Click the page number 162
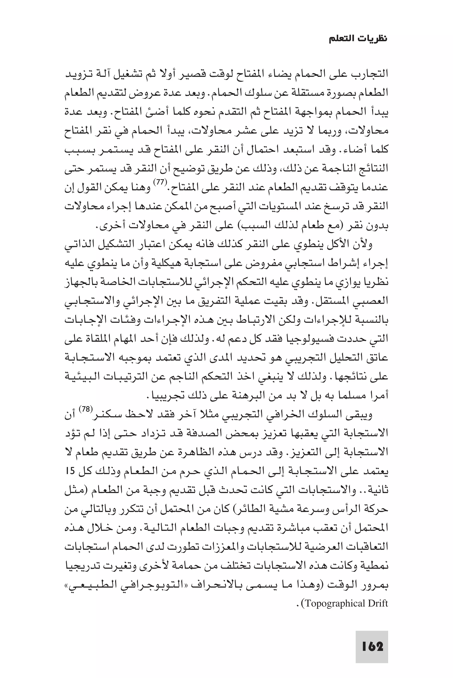[372, 646]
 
